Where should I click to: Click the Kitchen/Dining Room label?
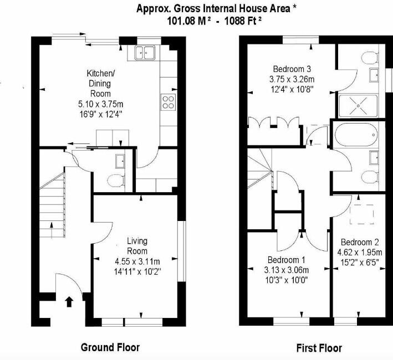pyautogui.click(x=100, y=84)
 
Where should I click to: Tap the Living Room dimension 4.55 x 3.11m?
pyautogui.click(x=137, y=261)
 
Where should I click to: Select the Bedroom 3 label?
pyautogui.click(x=292, y=69)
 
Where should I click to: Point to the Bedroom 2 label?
pyautogui.click(x=360, y=242)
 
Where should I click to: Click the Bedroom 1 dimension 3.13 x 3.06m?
pyautogui.click(x=287, y=270)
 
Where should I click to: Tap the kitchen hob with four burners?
pyautogui.click(x=168, y=102)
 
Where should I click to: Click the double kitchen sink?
pyautogui.click(x=145, y=53)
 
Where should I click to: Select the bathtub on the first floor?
pyautogui.click(x=356, y=135)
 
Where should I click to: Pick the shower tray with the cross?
pyautogui.click(x=358, y=106)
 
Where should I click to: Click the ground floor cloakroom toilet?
pyautogui.click(x=116, y=181)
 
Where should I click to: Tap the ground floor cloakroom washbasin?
pyautogui.click(x=120, y=161)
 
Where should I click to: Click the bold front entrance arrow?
pyautogui.click(x=69, y=302)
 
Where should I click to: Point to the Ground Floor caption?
pyautogui.click(x=110, y=347)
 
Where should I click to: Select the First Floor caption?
pyautogui.click(x=319, y=348)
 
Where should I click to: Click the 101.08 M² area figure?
pyautogui.click(x=189, y=20)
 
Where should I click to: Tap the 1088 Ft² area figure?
pyautogui.click(x=243, y=20)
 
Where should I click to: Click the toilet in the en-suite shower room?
pyautogui.click(x=370, y=58)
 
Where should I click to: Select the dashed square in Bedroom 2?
pyautogui.click(x=361, y=214)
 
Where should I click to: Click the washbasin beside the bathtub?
pyautogui.click(x=374, y=158)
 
